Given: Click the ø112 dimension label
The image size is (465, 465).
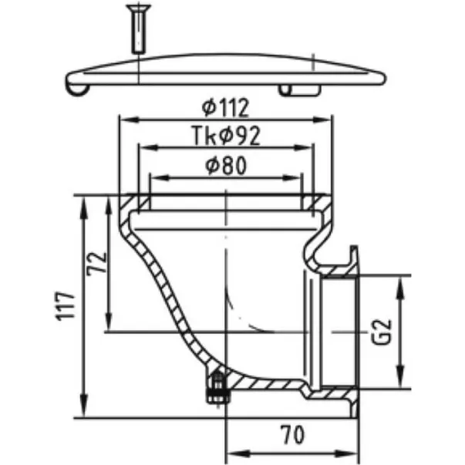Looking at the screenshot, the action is [x=225, y=108].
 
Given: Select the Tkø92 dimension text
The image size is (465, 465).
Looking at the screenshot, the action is [x=226, y=136].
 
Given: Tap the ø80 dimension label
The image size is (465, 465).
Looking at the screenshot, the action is [x=226, y=165].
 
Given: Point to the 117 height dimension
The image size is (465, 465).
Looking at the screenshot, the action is [x=66, y=306].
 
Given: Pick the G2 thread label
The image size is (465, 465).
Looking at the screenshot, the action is [x=382, y=332].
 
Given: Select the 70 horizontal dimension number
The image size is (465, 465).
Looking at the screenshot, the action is [x=293, y=435].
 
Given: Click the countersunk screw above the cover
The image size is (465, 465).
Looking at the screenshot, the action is [x=139, y=29].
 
